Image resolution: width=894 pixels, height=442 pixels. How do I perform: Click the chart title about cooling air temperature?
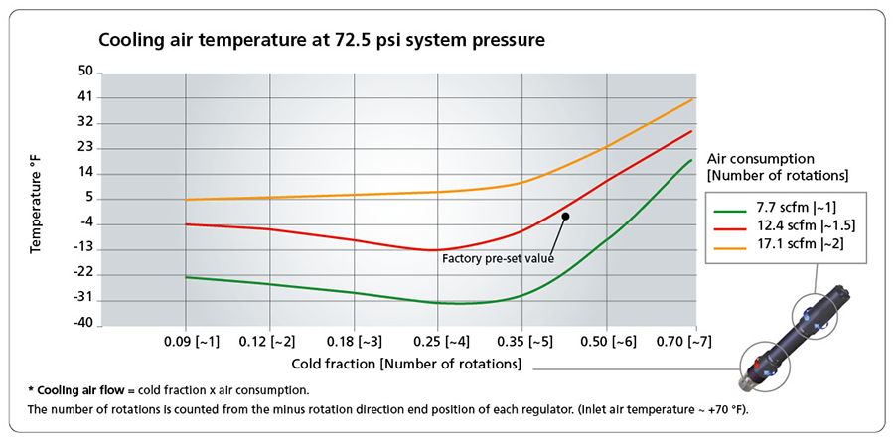(x=322, y=42)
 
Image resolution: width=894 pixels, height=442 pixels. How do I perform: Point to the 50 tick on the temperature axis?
(x=83, y=72)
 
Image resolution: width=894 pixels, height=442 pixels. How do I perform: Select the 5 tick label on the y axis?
(x=87, y=198)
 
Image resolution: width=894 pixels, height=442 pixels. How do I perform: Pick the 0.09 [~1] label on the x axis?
(x=187, y=341)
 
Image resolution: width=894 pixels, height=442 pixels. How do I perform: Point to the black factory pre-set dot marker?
(x=565, y=215)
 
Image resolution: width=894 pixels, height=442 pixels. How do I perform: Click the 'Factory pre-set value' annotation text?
(x=497, y=258)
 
